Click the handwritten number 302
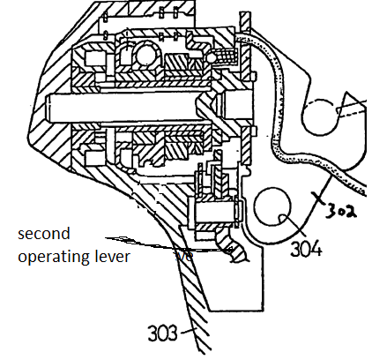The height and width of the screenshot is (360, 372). click(x=341, y=210)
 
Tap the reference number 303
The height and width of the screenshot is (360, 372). click(x=162, y=334)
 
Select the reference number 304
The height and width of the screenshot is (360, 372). click(x=306, y=248)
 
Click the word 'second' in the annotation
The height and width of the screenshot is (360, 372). click(x=44, y=234)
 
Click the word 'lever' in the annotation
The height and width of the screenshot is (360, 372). click(x=112, y=256)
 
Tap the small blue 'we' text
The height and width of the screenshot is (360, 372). click(x=184, y=256)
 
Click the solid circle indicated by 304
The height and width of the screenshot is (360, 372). click(x=272, y=206)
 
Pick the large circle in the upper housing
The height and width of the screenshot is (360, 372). click(x=147, y=55)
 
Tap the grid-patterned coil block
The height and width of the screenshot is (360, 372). click(x=227, y=56)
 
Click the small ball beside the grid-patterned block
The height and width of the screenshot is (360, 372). click(x=212, y=57)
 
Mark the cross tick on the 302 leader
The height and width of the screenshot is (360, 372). click(x=319, y=199)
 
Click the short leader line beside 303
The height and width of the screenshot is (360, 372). click(x=188, y=332)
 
